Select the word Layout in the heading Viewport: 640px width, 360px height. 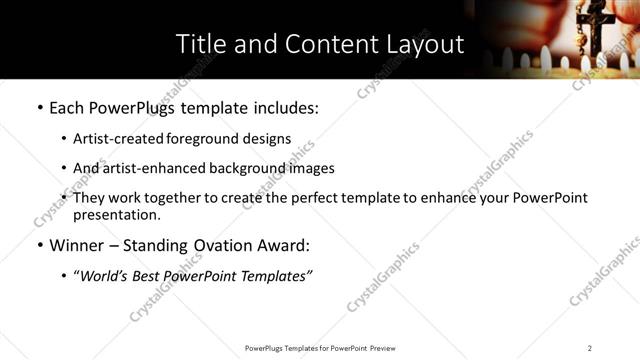point(422,45)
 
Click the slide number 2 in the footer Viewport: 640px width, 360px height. point(589,348)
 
